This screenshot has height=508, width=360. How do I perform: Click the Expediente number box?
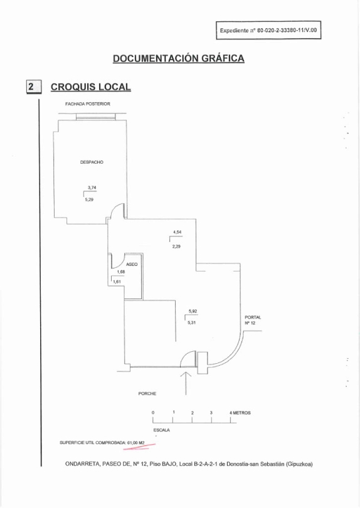(268, 31)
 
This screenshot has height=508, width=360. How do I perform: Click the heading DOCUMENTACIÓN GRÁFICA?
(179, 58)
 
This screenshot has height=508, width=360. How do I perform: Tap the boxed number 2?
(34, 87)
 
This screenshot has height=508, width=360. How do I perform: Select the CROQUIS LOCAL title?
(91, 87)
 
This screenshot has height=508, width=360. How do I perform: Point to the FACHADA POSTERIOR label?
(88, 104)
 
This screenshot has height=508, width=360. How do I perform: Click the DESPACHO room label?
(92, 162)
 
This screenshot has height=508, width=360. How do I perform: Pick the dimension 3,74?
(92, 188)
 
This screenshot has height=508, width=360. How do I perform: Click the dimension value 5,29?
(89, 200)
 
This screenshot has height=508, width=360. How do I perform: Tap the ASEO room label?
(132, 265)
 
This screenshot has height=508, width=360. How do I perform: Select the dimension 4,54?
(177, 232)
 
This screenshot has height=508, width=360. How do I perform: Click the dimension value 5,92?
(193, 311)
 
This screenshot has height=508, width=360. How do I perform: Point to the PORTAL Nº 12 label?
(253, 320)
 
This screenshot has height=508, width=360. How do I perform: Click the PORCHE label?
(147, 394)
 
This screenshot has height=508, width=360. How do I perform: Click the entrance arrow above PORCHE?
(186, 383)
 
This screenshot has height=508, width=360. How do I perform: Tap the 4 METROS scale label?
(240, 413)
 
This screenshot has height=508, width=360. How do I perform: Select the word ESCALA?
(161, 430)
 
